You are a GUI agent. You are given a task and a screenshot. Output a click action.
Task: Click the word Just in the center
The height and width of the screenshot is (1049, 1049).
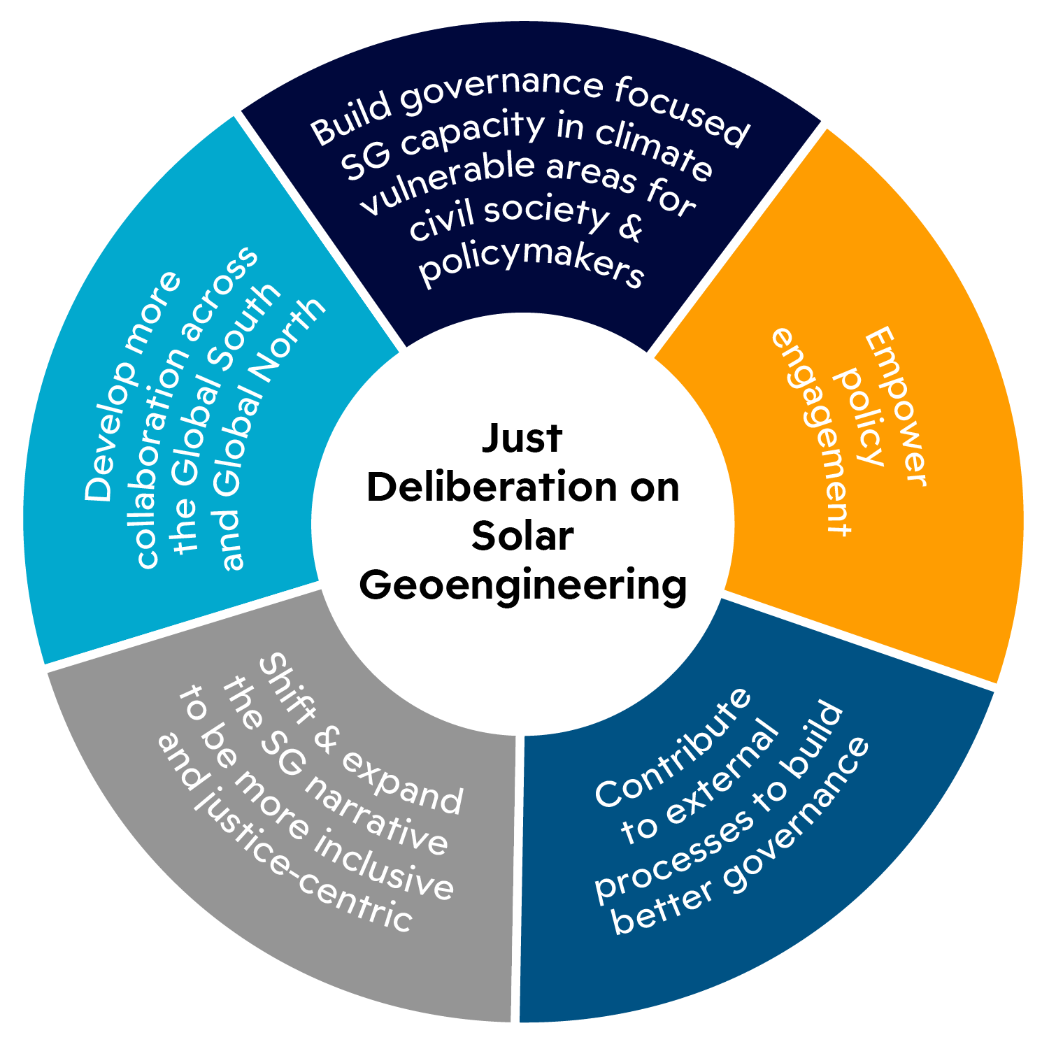[522, 438]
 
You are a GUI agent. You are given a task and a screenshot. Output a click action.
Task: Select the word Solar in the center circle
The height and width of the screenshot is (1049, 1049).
[522, 536]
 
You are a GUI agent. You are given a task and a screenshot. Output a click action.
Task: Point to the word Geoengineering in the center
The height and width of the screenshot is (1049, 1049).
[522, 585]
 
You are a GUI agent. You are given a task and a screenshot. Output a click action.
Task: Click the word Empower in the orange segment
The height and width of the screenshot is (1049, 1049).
[897, 409]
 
